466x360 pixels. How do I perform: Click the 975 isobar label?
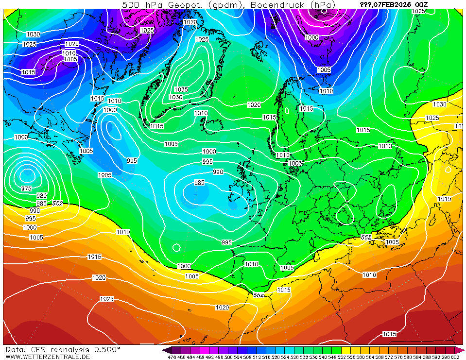coord(26,189)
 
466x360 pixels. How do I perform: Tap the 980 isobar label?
coord(41,196)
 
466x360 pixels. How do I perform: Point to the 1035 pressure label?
coord(181,89)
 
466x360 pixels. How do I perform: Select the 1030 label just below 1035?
coord(175,97)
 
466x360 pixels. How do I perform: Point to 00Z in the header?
coord(421,4)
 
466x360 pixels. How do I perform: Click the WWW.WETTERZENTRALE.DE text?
coord(48,357)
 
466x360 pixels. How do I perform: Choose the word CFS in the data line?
coord(38,350)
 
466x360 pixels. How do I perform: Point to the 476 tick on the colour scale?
coord(172,357)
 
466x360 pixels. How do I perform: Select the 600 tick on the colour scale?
coord(455,357)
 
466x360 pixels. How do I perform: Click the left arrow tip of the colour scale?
coord(165,350)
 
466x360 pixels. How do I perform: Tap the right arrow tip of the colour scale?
coord(463,350)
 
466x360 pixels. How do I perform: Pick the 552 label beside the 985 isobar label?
coord(58,203)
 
